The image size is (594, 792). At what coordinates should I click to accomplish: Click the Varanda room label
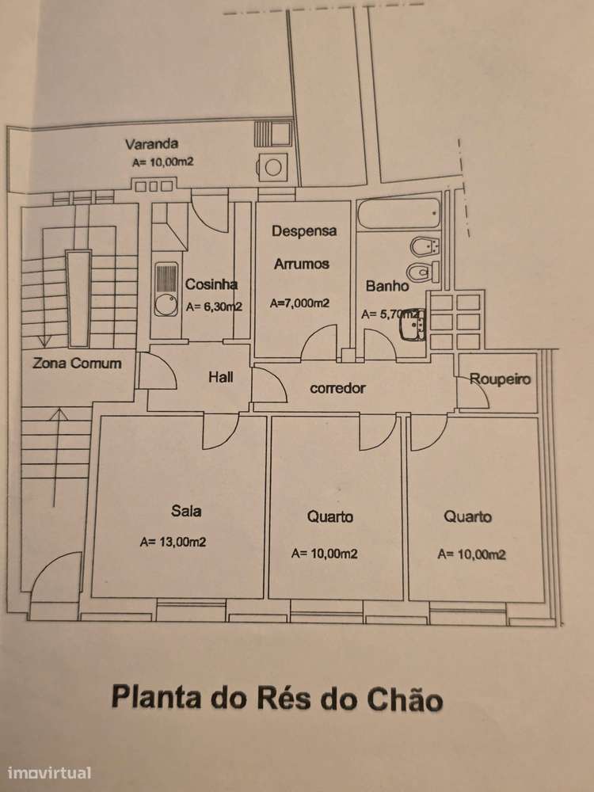pos(151,144)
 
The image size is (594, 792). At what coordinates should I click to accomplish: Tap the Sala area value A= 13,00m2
pos(173,542)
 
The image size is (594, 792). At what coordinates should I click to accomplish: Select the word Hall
pos(221,377)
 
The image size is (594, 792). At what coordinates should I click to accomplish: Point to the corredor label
pos(337,388)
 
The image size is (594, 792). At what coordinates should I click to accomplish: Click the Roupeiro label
pos(500,379)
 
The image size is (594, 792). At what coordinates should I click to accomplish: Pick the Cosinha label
pos(211,284)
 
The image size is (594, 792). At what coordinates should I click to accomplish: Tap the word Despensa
pos(304,231)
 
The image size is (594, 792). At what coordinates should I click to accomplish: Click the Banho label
pos(387,286)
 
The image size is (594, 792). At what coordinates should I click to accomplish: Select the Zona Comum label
pos(77,364)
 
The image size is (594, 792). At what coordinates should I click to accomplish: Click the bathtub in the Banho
pos(398,214)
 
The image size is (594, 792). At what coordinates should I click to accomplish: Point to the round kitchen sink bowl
pos(165,305)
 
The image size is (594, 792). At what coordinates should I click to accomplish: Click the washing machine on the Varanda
pos(272,167)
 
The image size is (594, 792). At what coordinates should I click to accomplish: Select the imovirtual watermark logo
pos(49,773)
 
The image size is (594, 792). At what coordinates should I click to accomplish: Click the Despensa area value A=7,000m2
pos(299,303)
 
